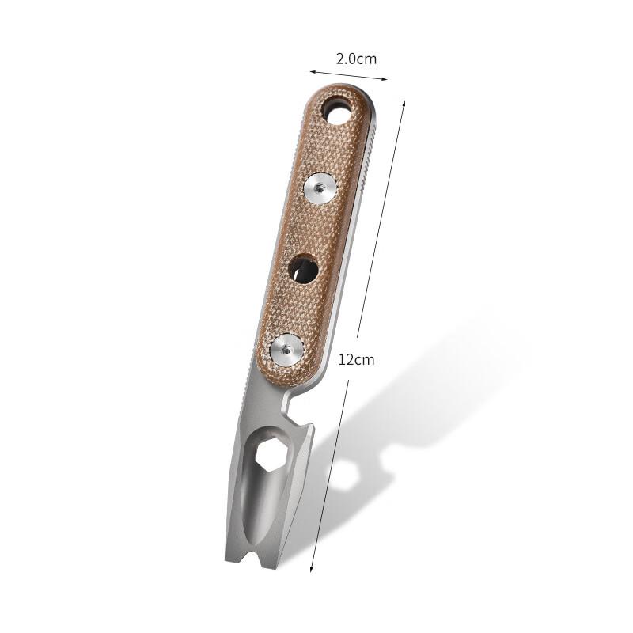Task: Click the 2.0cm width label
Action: pyautogui.click(x=355, y=59)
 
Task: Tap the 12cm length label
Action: pyautogui.click(x=356, y=359)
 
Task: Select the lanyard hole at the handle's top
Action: pyautogui.click(x=340, y=114)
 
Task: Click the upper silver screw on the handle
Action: pyautogui.click(x=320, y=188)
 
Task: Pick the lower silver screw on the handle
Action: pyautogui.click(x=286, y=350)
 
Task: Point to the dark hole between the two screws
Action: pyautogui.click(x=303, y=269)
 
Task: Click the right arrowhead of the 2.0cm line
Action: pyautogui.click(x=386, y=79)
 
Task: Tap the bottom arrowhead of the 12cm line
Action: pyautogui.click(x=311, y=570)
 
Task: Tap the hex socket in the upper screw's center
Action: pyautogui.click(x=320, y=188)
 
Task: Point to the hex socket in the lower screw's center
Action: pyautogui.click(x=286, y=350)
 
